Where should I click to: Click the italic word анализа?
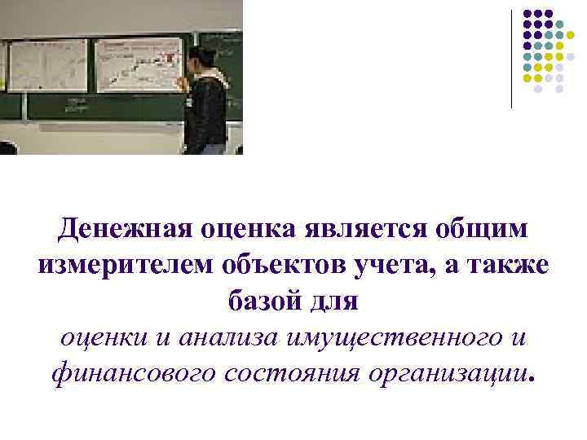(x=216, y=337)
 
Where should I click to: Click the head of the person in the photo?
(x=201, y=59)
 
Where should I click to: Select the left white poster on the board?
(x=47, y=65)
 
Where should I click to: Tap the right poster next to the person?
(x=137, y=64)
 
